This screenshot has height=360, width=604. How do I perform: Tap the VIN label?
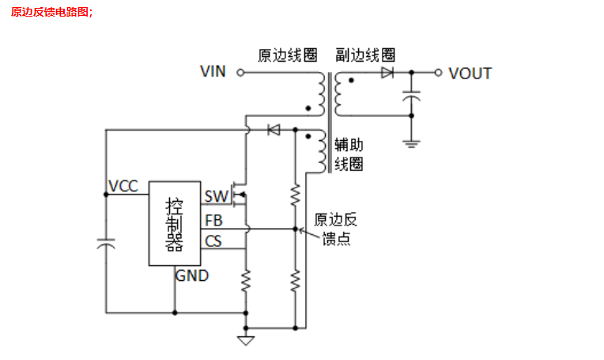point(213,72)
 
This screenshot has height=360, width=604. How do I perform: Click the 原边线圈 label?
point(288,55)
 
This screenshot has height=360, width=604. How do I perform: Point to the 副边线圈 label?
point(364,55)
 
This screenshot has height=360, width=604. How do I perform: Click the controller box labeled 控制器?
point(174,222)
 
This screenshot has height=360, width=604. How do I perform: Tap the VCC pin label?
point(123,187)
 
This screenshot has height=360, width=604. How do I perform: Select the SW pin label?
point(215,196)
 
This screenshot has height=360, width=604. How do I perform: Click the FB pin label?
point(213,220)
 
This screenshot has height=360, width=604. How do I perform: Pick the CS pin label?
point(213,241)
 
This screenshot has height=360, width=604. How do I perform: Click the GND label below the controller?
point(192,276)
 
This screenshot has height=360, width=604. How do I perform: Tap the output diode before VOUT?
point(387,73)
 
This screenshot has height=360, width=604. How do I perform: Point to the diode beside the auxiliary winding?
point(274,129)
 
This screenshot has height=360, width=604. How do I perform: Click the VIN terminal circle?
point(240,73)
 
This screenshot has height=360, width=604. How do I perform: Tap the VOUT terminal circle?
point(438,73)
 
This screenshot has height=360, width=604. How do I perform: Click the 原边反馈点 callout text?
point(335,229)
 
